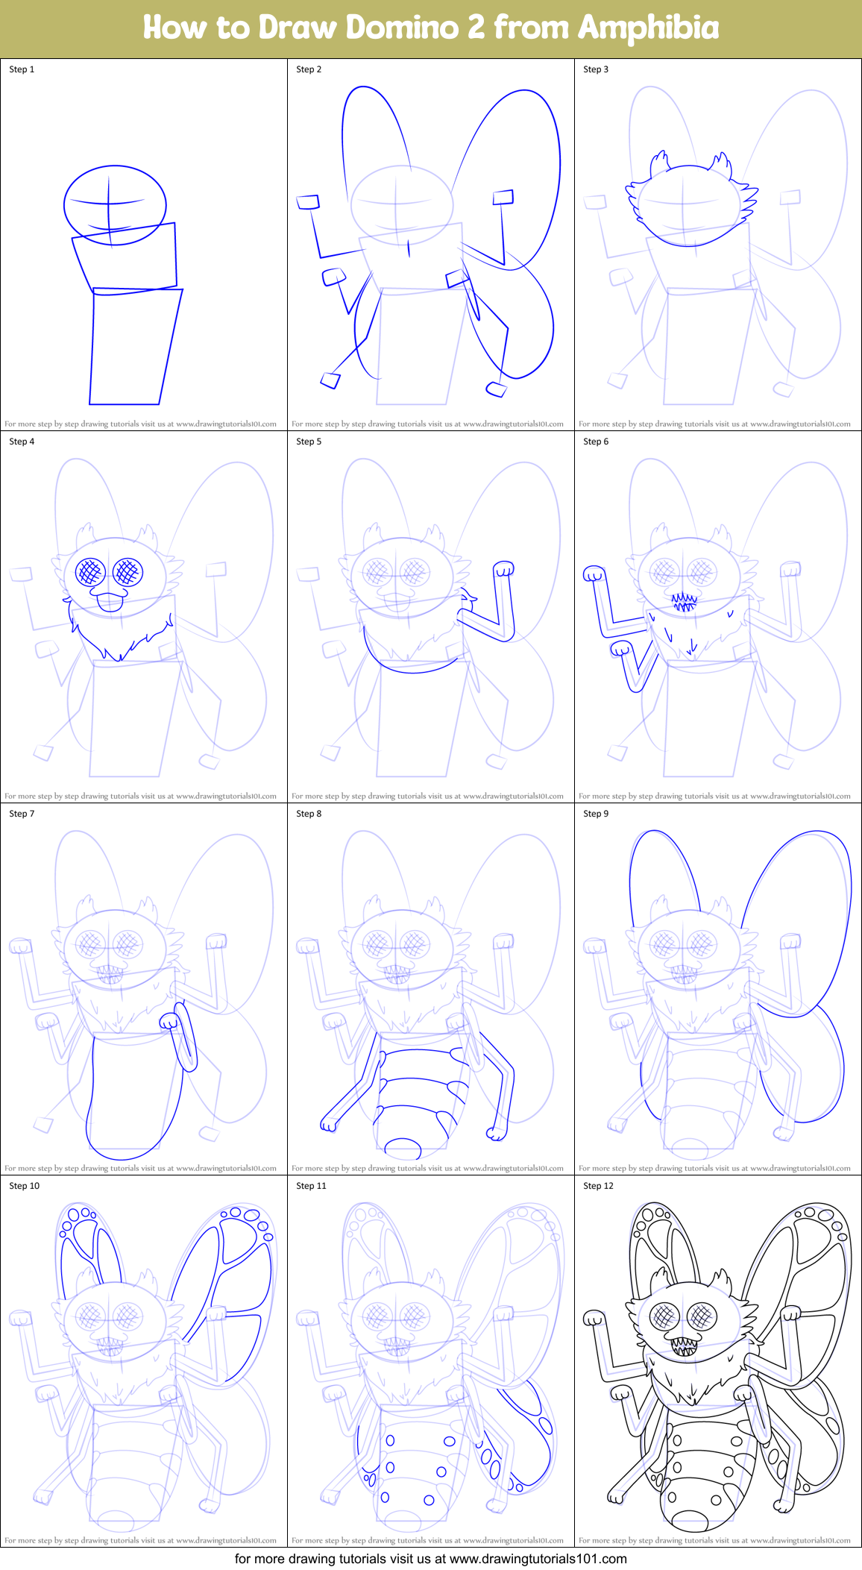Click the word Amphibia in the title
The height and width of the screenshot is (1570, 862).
[648, 28]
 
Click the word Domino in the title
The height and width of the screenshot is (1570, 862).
[403, 28]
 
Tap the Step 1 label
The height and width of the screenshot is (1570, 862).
[22, 69]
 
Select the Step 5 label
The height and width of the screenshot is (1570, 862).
[309, 442]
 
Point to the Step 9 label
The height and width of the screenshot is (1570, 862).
[596, 814]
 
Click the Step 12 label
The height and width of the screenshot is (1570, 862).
[598, 1186]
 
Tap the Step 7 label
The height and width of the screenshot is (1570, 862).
[22, 814]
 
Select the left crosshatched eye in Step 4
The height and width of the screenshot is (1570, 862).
[90, 572]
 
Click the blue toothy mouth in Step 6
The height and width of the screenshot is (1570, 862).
[684, 601]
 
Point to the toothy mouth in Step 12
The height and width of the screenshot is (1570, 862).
[685, 1346]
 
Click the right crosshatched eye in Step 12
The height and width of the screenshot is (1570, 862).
[702, 1317]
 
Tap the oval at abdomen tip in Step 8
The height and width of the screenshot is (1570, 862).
[403, 1148]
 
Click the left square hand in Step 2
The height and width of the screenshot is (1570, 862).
[308, 201]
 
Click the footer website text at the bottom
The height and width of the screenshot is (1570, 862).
[430, 1559]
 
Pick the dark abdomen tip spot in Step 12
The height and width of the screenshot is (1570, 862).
[689, 1520]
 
